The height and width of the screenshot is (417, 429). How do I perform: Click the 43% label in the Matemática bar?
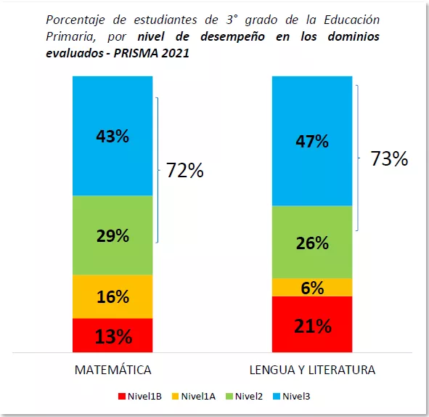click(113, 136)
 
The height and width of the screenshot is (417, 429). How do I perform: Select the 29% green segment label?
click(113, 235)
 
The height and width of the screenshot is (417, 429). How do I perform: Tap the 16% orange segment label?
click(113, 296)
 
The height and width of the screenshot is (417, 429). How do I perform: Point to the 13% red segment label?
click(113, 337)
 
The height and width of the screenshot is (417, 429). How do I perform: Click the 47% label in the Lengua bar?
click(312, 141)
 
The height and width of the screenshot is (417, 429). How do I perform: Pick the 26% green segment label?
click(312, 243)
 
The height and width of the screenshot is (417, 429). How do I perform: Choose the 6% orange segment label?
click(312, 288)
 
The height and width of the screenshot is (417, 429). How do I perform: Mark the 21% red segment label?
click(312, 326)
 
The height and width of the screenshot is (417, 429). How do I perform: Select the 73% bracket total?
click(389, 159)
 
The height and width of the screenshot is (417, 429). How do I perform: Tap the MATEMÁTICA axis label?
click(113, 370)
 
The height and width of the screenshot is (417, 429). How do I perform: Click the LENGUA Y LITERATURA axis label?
click(312, 370)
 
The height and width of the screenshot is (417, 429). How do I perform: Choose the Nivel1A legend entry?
click(194, 396)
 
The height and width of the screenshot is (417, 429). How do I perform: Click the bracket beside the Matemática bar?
click(157, 171)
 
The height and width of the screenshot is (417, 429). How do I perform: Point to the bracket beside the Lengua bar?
click(358, 158)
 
